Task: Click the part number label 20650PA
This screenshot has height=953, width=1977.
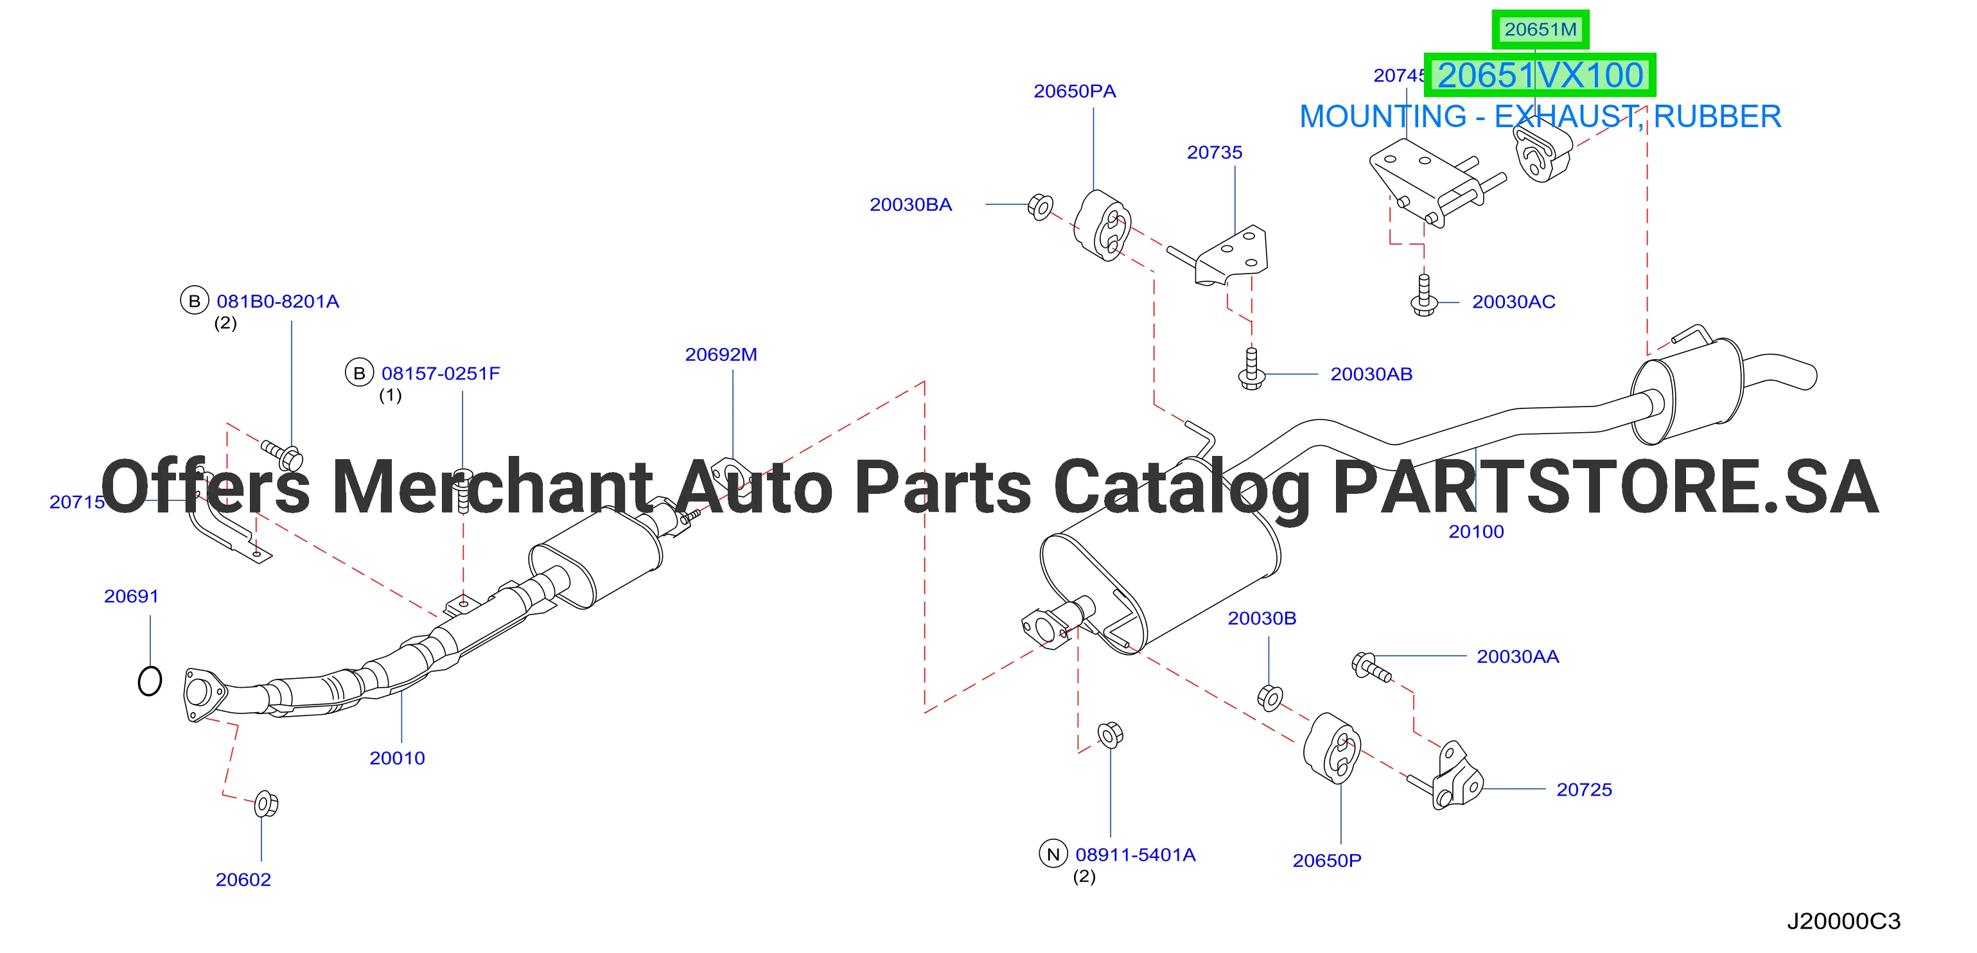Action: click(x=1075, y=91)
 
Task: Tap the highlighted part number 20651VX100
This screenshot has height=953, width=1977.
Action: click(x=1540, y=75)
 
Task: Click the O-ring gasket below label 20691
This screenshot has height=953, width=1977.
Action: click(x=150, y=681)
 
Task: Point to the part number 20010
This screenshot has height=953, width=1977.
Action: click(x=397, y=758)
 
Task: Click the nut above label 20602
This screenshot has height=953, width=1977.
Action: click(x=265, y=803)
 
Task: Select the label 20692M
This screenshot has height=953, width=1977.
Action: click(x=721, y=354)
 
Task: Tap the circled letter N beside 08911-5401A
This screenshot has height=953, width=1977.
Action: click(x=1053, y=854)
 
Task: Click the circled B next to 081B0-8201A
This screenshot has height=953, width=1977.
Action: click(x=194, y=301)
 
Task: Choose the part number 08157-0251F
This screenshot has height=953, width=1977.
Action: click(x=441, y=374)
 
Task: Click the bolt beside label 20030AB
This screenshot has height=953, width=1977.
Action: click(x=1252, y=369)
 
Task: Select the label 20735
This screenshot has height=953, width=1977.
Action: click(x=1214, y=153)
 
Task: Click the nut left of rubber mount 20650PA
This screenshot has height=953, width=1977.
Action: click(x=1040, y=206)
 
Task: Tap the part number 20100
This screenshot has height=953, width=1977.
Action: click(x=1476, y=532)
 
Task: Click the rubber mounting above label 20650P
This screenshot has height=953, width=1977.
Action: click(x=1333, y=748)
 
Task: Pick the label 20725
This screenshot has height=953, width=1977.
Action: click(x=1584, y=789)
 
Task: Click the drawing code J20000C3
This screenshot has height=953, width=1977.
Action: click(x=1843, y=921)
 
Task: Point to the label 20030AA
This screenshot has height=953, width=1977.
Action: click(x=1517, y=657)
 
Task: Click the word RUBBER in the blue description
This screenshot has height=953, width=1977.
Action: click(x=1717, y=117)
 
